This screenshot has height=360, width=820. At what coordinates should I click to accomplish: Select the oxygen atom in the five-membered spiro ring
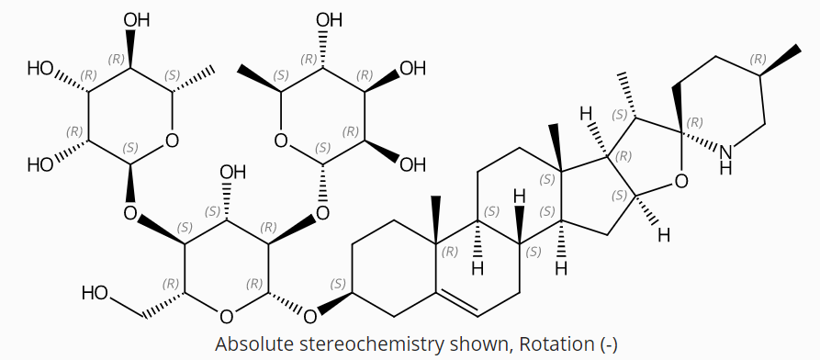point(680,181)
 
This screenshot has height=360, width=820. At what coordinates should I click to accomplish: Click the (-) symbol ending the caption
point(608,344)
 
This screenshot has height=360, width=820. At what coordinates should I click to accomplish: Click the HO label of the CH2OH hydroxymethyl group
point(95,294)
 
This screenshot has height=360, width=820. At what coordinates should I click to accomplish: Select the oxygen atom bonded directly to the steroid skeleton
point(309,317)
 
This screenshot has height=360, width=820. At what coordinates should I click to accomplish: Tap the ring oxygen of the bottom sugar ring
point(227,317)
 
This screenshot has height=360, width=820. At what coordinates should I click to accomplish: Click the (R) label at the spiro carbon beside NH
point(695,122)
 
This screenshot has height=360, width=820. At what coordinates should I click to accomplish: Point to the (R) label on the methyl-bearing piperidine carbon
point(758,60)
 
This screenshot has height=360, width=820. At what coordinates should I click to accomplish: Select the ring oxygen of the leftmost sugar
point(172,141)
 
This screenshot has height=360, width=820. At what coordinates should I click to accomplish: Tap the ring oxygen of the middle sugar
point(281,141)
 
